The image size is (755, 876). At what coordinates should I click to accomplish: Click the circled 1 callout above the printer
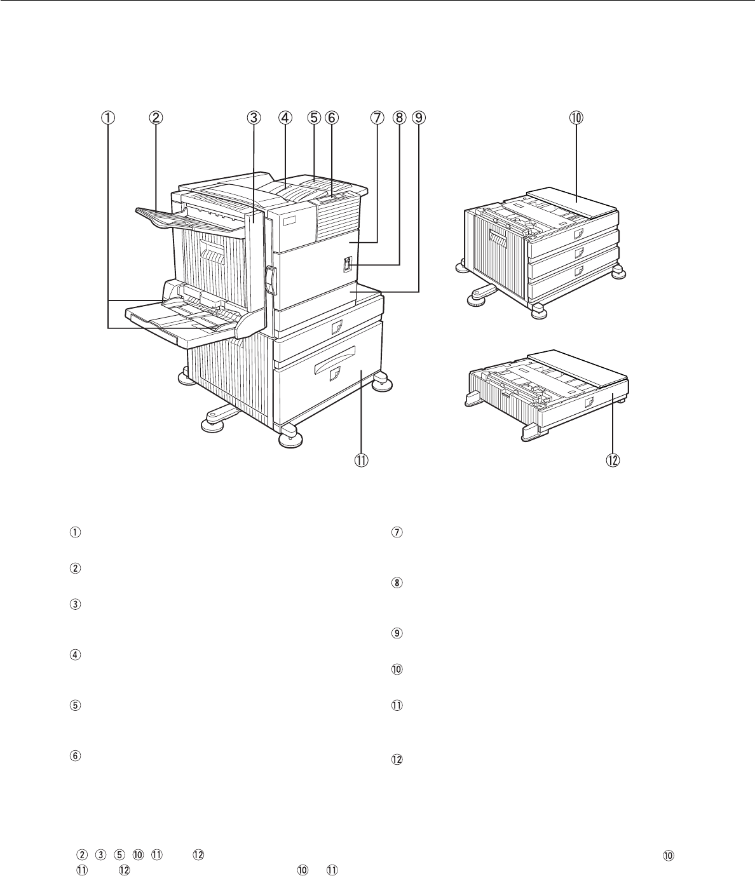point(107,118)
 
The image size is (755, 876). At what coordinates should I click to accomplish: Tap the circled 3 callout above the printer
point(254,118)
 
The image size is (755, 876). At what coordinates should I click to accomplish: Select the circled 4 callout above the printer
point(285,118)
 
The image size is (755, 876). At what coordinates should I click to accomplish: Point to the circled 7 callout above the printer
point(377,118)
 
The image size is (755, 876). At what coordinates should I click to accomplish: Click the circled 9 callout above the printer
point(419,118)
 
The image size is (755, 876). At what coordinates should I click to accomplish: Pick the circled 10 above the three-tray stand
point(576,118)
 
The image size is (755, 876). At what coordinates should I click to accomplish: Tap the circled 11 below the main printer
point(361,461)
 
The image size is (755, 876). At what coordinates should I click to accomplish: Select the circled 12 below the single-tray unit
point(613,461)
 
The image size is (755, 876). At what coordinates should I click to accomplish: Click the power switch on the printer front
point(347,264)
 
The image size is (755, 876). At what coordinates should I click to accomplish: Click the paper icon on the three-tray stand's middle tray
point(579,253)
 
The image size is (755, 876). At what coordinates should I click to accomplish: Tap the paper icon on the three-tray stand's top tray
point(579,234)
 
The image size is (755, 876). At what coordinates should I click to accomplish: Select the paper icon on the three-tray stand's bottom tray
point(579,271)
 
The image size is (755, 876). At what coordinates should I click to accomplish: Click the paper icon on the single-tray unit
point(589,403)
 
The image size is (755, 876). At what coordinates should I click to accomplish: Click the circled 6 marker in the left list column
point(75,756)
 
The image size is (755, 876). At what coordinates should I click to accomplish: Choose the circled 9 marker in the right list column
point(397,633)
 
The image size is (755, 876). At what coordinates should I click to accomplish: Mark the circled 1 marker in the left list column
point(75,532)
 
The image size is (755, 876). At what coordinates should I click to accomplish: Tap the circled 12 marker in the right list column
point(397,760)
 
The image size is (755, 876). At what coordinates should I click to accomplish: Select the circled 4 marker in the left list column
point(75,655)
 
